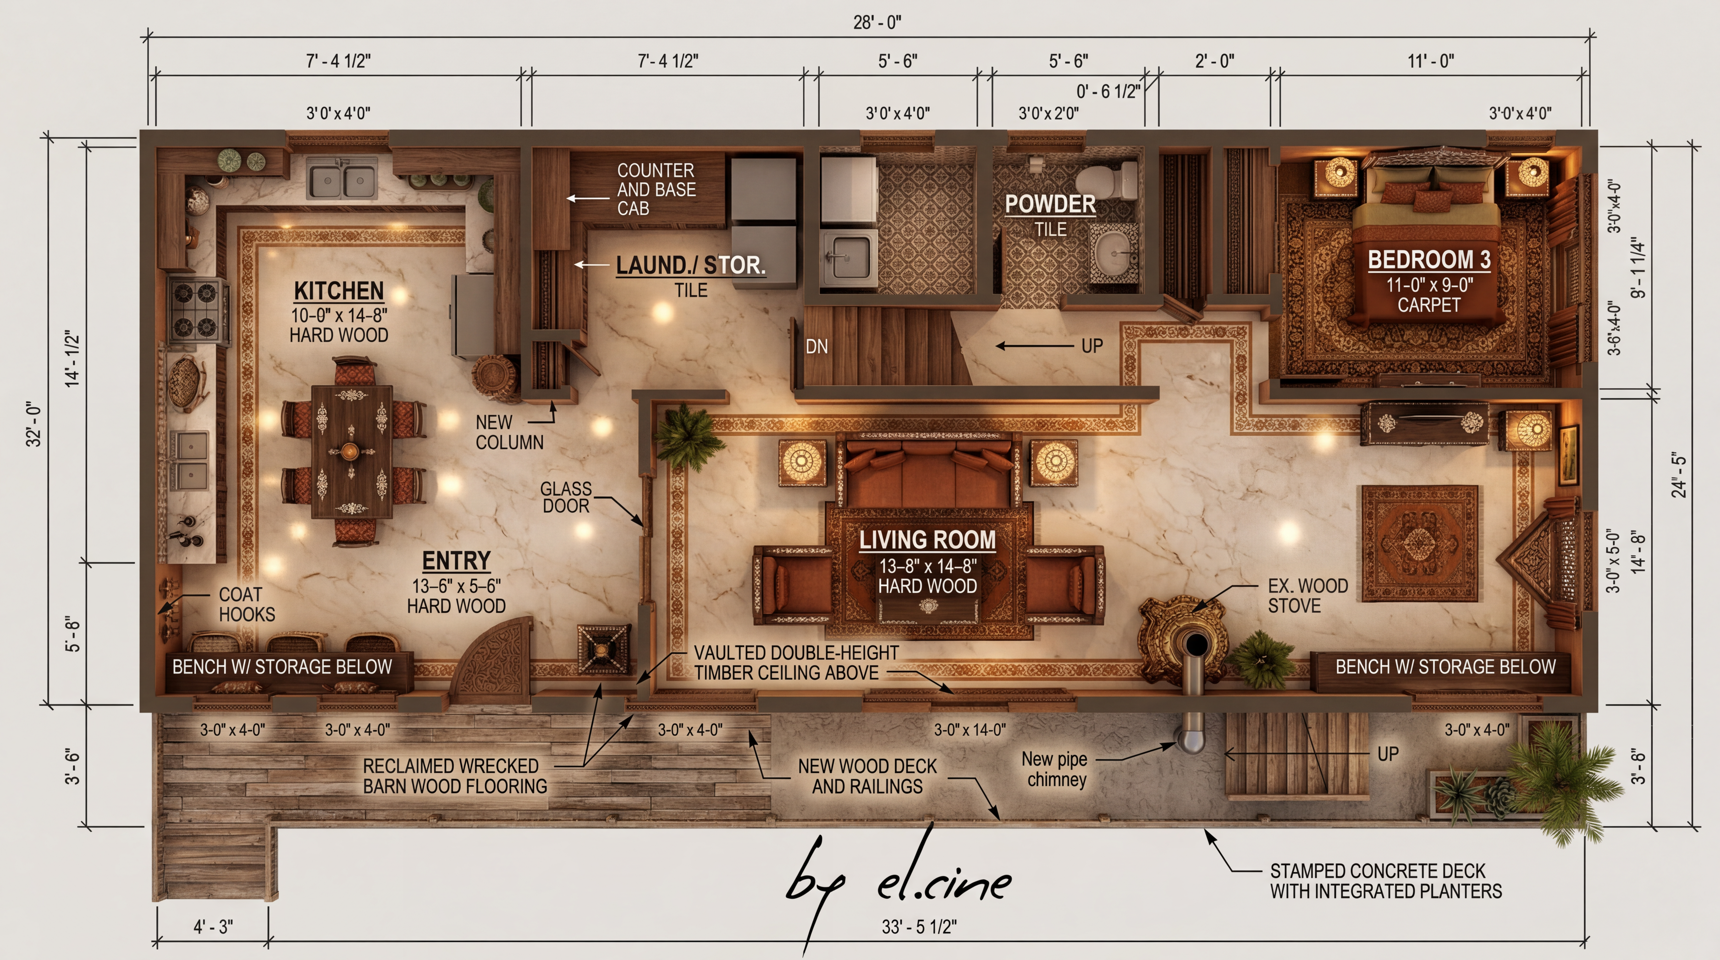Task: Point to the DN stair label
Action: (x=817, y=347)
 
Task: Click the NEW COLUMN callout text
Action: (x=509, y=432)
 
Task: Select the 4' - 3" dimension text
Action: (x=213, y=927)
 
